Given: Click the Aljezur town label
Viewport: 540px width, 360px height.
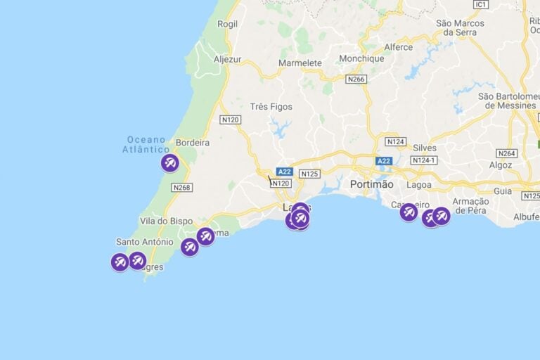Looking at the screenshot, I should click(x=227, y=59).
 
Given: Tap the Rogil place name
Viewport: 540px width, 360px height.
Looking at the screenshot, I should click(x=227, y=23).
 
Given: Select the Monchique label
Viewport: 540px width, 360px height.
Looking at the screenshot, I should click(x=361, y=59).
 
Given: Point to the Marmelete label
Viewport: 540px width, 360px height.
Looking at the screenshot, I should click(x=300, y=63).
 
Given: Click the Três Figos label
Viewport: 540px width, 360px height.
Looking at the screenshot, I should click(x=271, y=107).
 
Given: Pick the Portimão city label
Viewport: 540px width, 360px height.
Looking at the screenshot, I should click(x=372, y=184).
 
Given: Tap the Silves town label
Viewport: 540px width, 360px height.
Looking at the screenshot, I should click(x=425, y=148).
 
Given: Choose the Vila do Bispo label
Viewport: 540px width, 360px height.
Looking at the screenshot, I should click(x=167, y=221).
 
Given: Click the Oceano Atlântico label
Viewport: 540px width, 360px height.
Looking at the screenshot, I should click(x=146, y=144).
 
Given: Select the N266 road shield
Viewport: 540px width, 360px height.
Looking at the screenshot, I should click(x=356, y=79).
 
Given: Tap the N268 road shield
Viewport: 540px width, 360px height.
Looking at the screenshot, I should click(x=181, y=187).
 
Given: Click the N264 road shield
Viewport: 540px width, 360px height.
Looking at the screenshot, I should click(x=506, y=153).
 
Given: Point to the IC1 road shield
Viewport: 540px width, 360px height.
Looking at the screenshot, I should click(x=481, y=4).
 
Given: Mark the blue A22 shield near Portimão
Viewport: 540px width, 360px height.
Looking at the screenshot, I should click(x=383, y=161).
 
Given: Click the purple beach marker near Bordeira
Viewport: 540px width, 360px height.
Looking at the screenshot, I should click(x=170, y=163).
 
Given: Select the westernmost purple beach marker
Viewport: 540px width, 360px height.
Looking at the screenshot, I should click(x=120, y=262).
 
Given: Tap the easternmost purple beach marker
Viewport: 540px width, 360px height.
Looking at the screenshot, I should click(x=441, y=216).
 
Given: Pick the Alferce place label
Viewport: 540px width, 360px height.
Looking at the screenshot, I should click(x=398, y=47).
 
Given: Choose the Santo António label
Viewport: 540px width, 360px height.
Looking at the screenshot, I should click(x=144, y=242).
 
